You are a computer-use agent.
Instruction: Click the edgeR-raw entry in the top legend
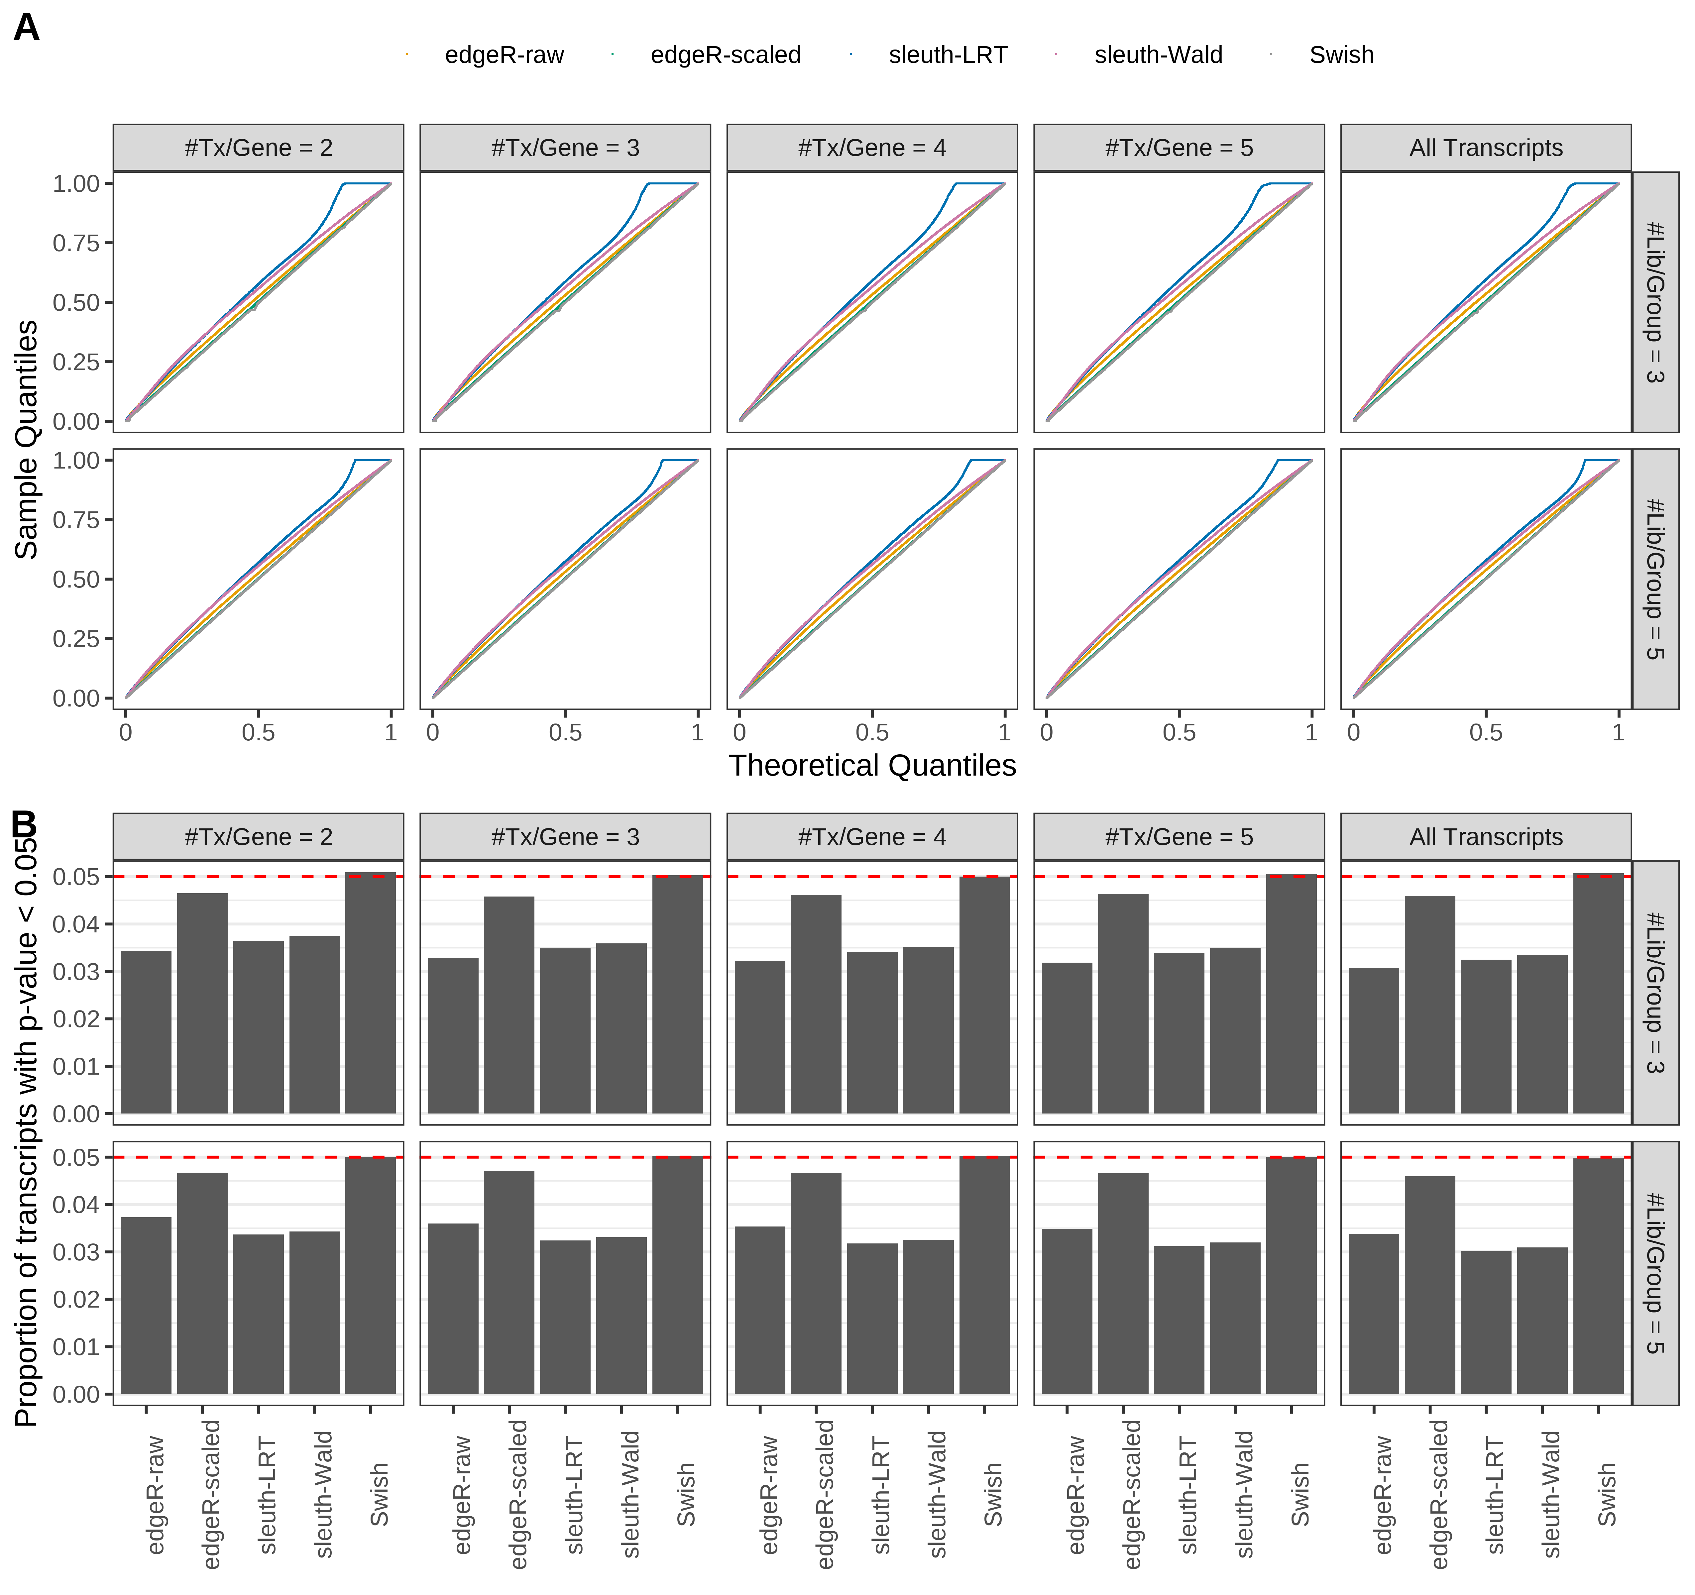coord(504,54)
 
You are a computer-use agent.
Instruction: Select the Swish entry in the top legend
coord(1340,54)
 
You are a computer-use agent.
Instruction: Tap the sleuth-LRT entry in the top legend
coord(947,54)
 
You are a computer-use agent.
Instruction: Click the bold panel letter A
coord(27,28)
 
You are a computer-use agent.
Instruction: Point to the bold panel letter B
coord(24,824)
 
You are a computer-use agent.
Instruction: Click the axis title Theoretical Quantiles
coord(871,766)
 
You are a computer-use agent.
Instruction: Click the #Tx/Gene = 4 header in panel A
coord(871,148)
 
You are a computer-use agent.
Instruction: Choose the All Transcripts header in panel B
coord(1485,837)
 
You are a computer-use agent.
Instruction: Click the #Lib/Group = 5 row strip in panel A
coord(1654,579)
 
